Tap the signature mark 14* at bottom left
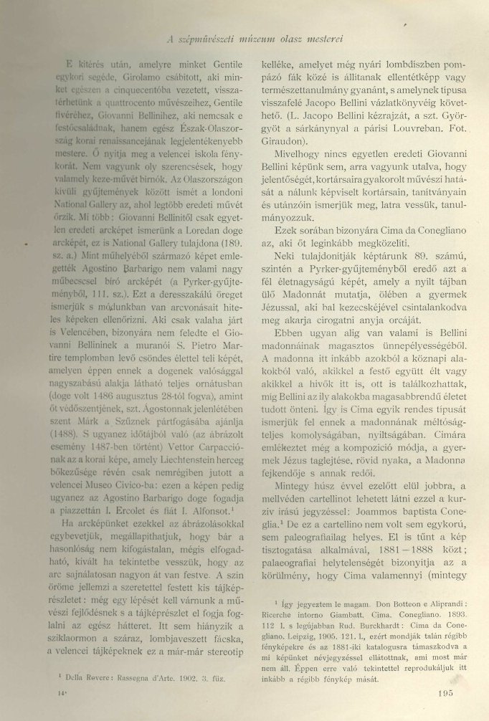click(49, 694)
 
